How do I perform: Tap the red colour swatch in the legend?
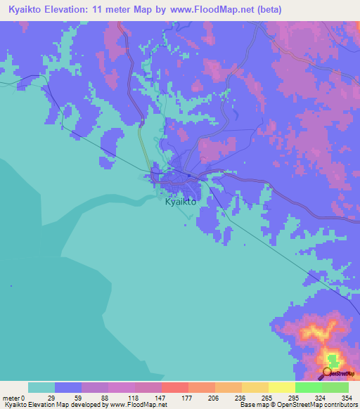click(x=174, y=387)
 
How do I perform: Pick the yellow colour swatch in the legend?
click(x=281, y=387)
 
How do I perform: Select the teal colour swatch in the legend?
click(x=41, y=387)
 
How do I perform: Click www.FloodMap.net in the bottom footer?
click(x=136, y=405)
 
